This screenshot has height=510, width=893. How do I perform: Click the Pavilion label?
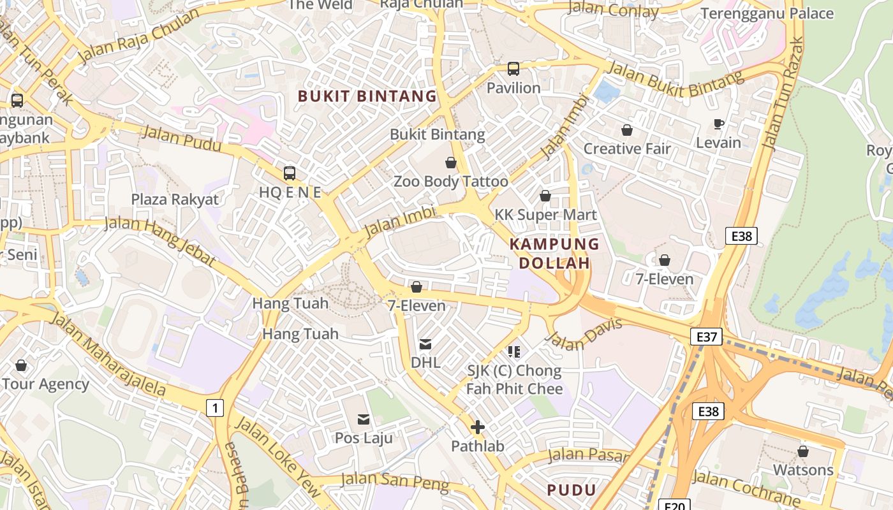[x=513, y=88]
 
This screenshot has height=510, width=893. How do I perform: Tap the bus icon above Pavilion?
[x=513, y=69]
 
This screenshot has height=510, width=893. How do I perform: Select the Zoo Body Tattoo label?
[x=451, y=182]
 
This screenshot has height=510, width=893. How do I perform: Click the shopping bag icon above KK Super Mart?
[x=545, y=196]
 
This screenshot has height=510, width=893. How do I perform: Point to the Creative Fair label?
[x=627, y=149]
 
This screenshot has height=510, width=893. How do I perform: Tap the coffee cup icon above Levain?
[x=719, y=124]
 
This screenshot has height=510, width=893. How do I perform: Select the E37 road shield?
[x=707, y=337]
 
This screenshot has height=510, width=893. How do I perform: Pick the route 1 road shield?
[x=216, y=407]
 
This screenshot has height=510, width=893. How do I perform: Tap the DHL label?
[x=425, y=363]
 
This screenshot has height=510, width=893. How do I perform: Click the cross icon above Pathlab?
[x=478, y=427]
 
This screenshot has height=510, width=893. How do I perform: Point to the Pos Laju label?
[x=364, y=438]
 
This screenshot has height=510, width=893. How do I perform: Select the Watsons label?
[x=803, y=470]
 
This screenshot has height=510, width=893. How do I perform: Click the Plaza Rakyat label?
[x=175, y=200]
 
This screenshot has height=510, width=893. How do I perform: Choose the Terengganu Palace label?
[x=767, y=13]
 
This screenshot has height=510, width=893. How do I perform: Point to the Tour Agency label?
[x=45, y=384]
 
